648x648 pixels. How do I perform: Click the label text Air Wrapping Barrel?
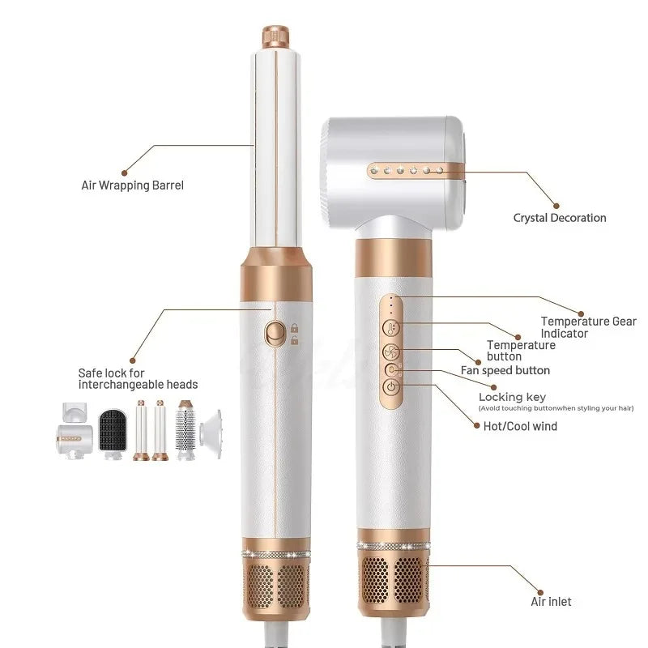[133, 185]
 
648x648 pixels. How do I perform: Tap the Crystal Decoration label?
[560, 218]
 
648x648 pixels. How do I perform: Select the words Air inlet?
[551, 601]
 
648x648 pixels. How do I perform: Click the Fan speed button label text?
[505, 371]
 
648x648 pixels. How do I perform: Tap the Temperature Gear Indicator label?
[588, 327]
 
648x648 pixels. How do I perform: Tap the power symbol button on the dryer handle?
[392, 386]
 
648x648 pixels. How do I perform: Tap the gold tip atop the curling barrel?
[275, 38]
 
